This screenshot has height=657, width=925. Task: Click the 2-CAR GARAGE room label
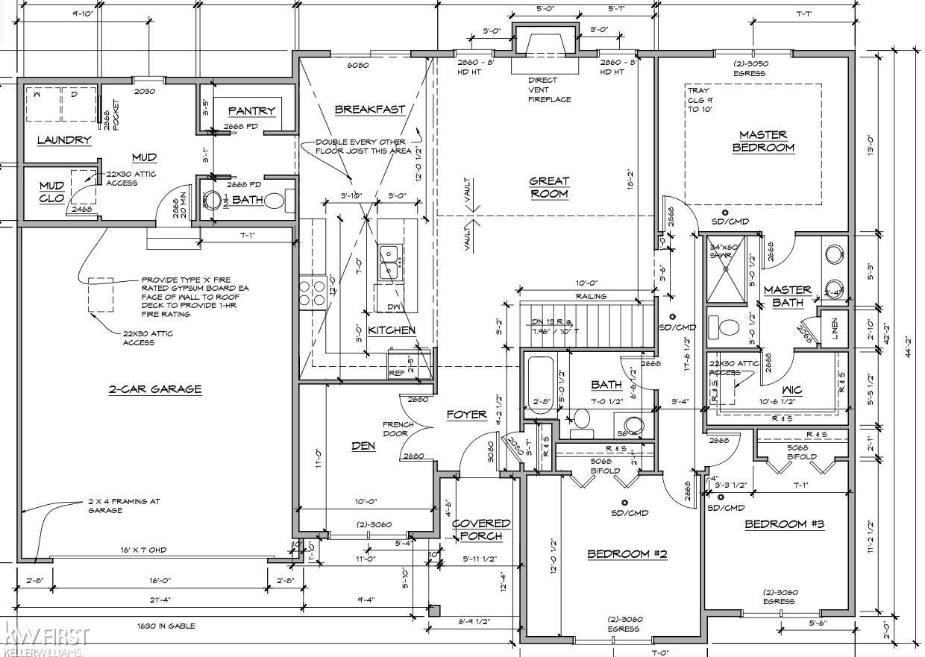click(155, 389)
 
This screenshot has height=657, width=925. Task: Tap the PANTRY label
click(251, 110)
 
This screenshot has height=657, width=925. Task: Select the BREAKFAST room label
click(369, 109)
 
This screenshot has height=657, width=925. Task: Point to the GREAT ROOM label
click(549, 187)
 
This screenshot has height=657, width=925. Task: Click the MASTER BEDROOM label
click(762, 141)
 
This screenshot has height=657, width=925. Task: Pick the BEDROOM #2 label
click(627, 553)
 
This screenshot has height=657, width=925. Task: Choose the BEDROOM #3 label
click(784, 524)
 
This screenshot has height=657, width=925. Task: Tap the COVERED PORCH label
click(481, 529)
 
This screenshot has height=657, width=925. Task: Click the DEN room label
click(363, 446)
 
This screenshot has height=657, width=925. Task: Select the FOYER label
click(467, 415)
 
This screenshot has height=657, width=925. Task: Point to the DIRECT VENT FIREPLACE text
click(549, 89)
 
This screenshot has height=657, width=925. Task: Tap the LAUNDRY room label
click(64, 139)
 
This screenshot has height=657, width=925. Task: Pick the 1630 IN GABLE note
click(165, 626)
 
